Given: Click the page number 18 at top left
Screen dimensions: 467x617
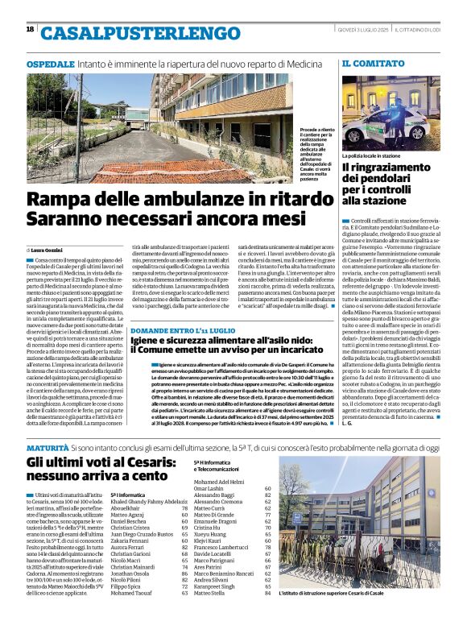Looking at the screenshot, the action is (30, 29).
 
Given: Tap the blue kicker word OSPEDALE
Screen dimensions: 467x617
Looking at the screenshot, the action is (49, 62).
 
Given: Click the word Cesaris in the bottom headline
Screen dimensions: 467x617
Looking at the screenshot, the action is (168, 462).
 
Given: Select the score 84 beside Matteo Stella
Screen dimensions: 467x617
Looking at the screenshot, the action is (267, 594).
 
